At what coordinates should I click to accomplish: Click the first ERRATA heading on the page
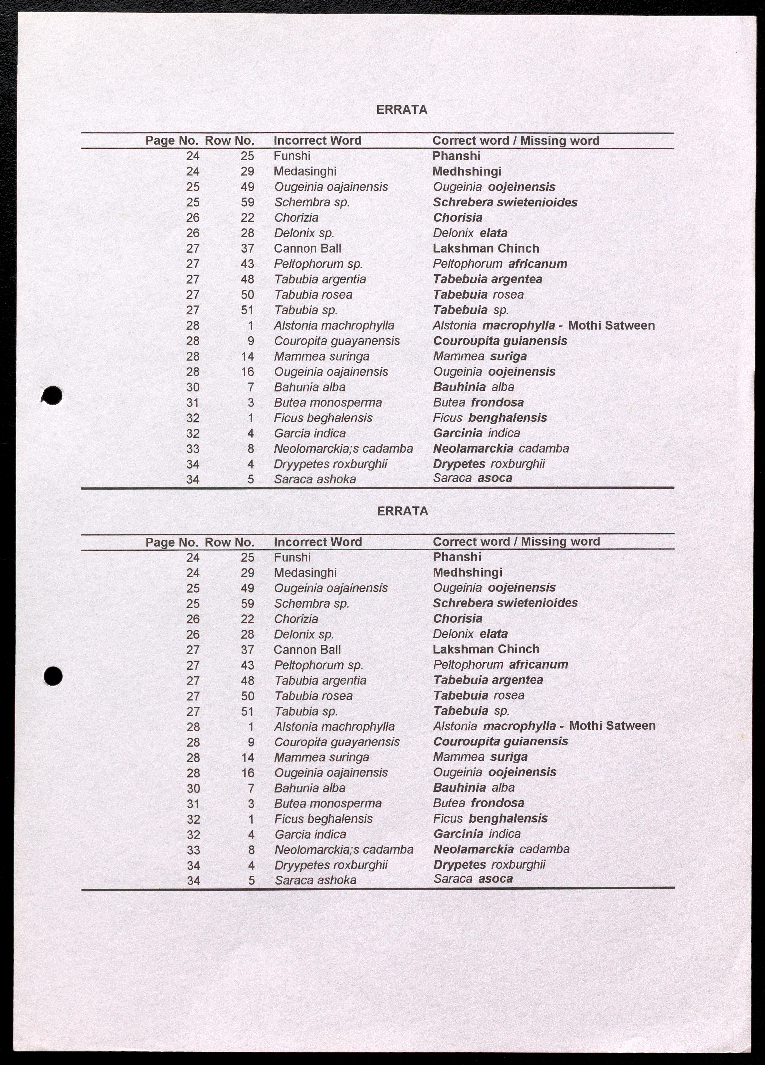[402, 110]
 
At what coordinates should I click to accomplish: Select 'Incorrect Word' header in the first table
[317, 140]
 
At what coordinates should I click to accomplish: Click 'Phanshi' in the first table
[456, 156]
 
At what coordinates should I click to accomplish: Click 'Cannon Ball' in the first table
[307, 249]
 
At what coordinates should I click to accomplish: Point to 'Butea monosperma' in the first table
[328, 402]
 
